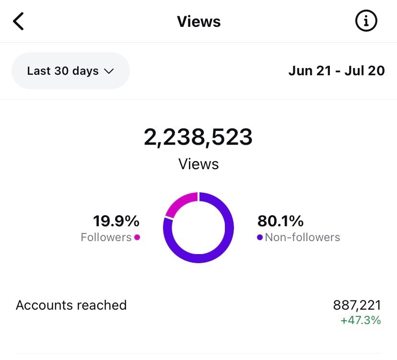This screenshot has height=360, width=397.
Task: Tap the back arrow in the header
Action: coord(18,21)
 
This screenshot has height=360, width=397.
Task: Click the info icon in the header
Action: coord(366,21)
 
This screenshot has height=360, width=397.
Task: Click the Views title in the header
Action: coord(199,22)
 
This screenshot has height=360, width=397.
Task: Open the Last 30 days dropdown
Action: coord(70,70)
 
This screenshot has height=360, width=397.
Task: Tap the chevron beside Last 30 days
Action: coord(109,71)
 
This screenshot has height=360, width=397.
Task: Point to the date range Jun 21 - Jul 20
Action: coord(337,70)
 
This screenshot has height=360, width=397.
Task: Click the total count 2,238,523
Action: coord(198,137)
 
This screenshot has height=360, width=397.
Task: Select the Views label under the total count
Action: coord(198,164)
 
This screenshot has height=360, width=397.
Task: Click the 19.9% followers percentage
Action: coord(116,221)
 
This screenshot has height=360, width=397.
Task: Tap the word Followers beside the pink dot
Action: coord(106,237)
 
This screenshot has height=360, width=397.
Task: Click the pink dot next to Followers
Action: coord(137,237)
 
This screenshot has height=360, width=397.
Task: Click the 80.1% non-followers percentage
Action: coord(280,221)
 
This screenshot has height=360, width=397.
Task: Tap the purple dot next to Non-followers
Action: coord(260,237)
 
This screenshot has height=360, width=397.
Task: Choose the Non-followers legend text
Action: coord(303,237)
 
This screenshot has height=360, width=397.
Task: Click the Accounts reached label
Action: coord(71,305)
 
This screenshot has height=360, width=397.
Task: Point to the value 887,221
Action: coord(357,305)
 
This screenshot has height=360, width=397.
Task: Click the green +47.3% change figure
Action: coord(361,320)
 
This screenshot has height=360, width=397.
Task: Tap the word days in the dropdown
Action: coord(85,71)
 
